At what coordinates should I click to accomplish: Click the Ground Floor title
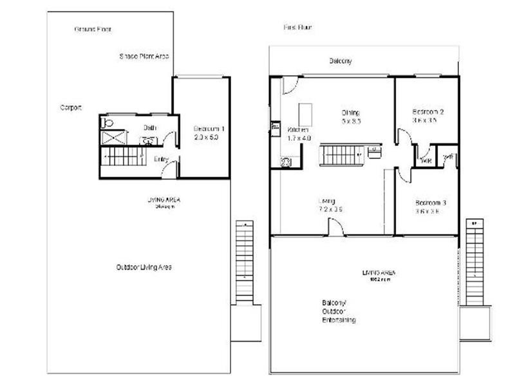(x=94, y=30)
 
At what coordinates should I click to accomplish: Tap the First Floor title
(x=297, y=28)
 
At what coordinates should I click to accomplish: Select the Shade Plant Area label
(x=144, y=57)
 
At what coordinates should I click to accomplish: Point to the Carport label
(x=71, y=107)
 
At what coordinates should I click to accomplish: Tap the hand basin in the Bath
(x=147, y=140)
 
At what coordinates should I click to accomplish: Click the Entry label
(x=162, y=158)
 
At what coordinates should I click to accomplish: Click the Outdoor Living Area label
(x=144, y=267)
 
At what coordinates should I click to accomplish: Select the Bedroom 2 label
(x=428, y=111)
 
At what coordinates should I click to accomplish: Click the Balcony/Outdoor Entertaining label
(x=339, y=311)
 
